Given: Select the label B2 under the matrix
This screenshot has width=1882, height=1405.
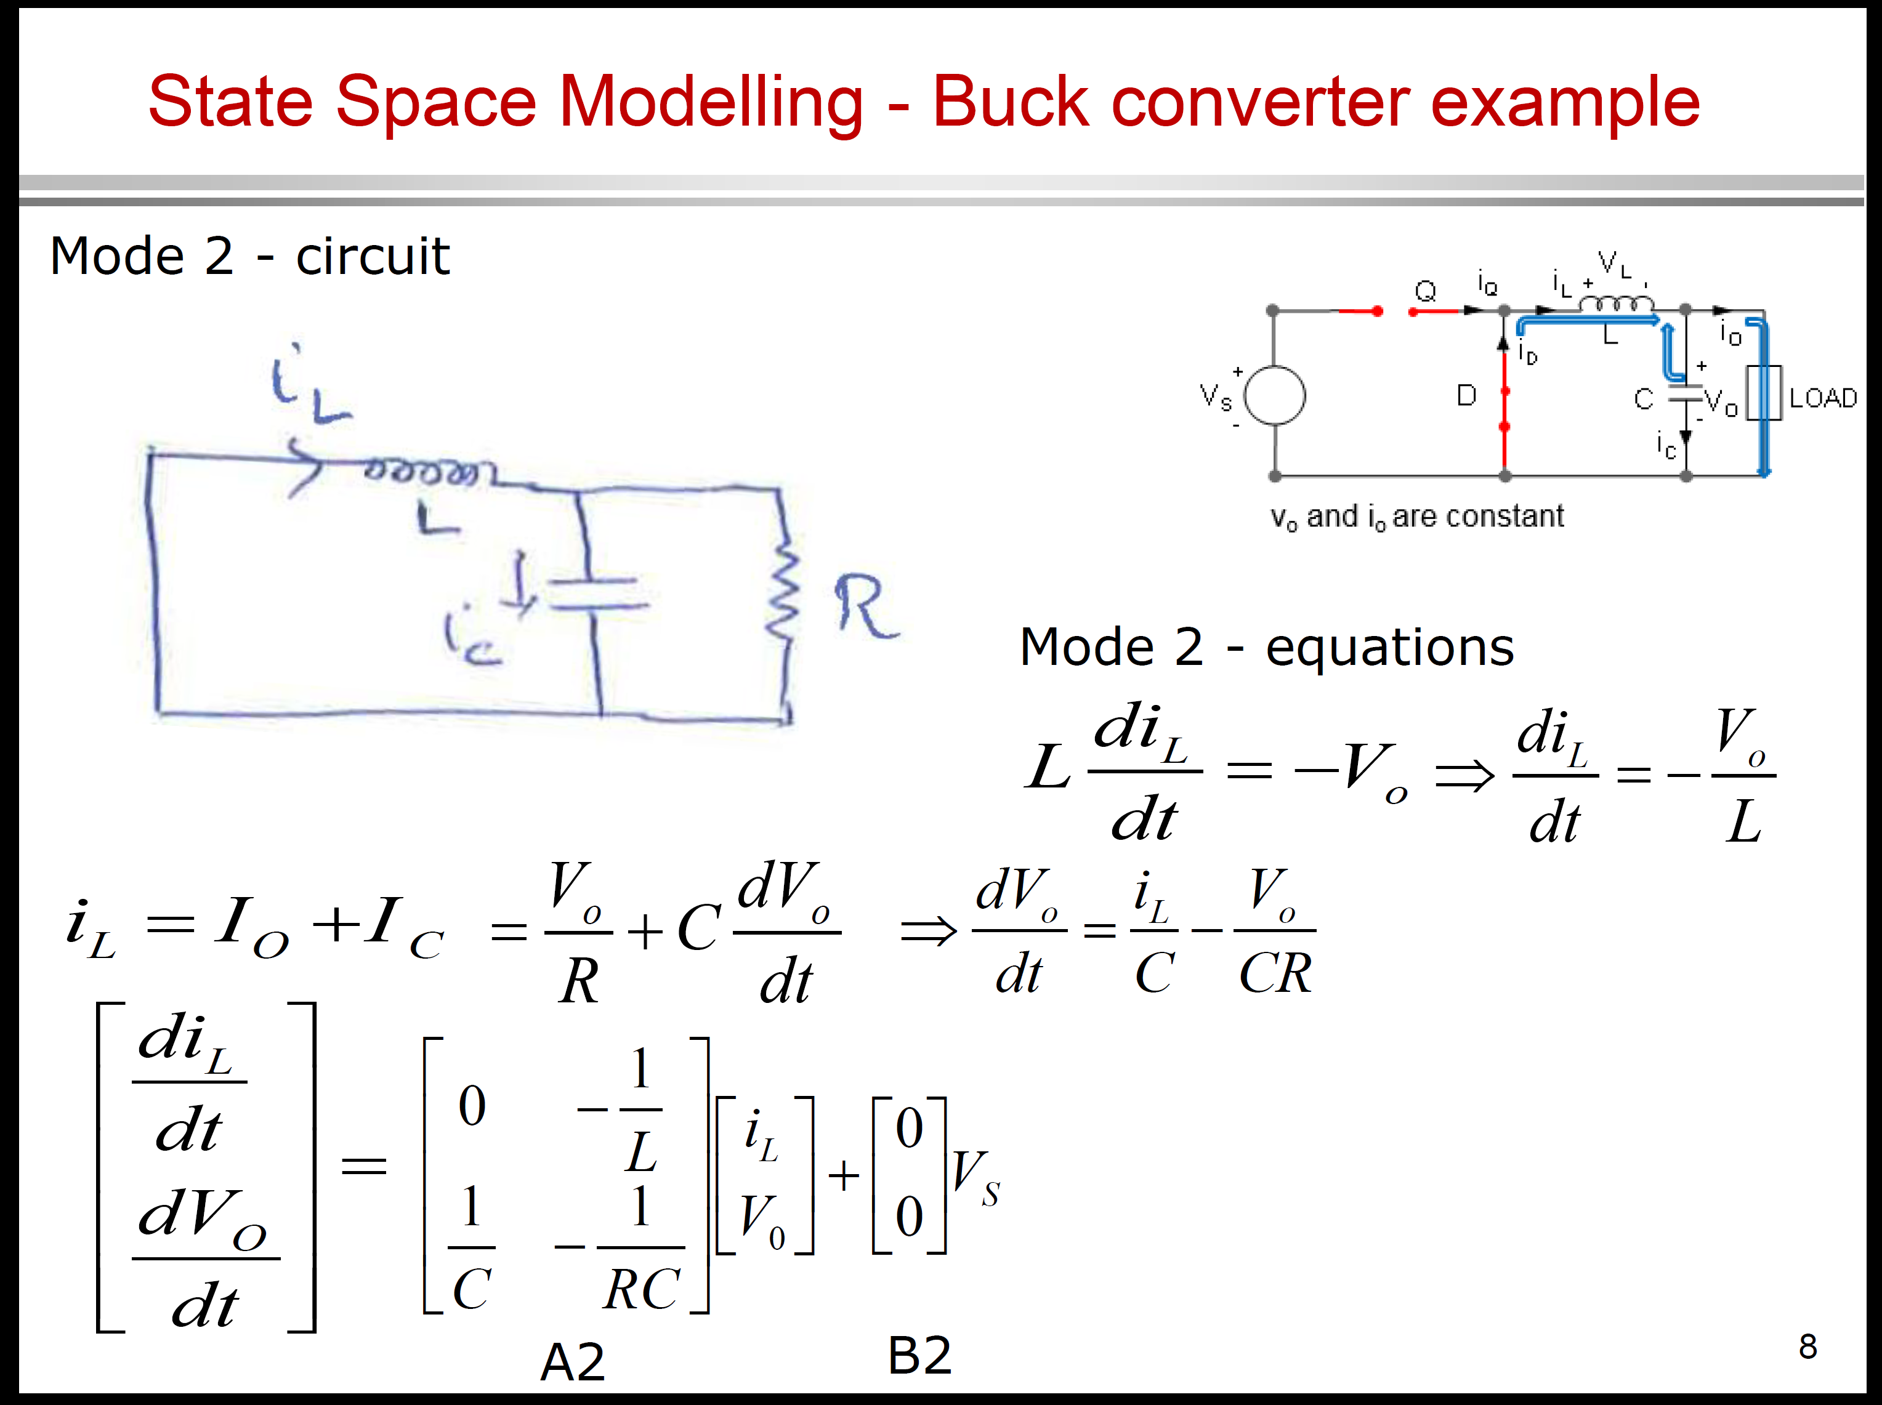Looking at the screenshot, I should point(919,1356).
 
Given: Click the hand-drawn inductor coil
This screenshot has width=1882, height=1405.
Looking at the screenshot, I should point(421,470).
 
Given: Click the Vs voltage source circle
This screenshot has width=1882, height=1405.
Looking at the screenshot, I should point(1275,395).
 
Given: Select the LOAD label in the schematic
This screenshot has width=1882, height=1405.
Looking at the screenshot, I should point(1822,398).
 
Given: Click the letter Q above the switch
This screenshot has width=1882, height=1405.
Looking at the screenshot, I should point(1425,291).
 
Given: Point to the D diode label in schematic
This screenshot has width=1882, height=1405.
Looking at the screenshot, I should point(1466,395).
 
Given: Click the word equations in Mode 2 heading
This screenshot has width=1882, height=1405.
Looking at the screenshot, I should point(1389,647).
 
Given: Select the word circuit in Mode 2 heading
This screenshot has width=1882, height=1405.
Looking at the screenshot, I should point(372,256).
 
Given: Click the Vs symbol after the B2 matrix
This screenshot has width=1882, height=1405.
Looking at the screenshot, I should point(975,1178).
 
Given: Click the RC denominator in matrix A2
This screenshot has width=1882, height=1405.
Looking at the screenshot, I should point(642,1289).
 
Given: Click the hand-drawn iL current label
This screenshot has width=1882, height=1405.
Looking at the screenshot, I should point(306,387).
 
